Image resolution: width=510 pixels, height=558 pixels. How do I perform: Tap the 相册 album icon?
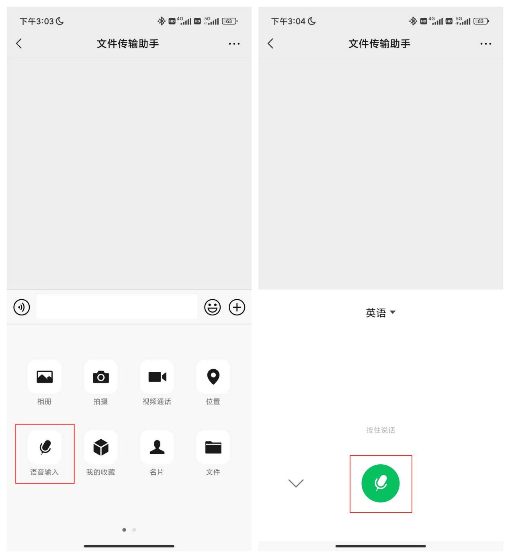coord(45,377)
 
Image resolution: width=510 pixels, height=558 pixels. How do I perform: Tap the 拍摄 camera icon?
coord(101,377)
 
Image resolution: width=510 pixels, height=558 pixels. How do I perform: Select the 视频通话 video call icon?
coord(157,377)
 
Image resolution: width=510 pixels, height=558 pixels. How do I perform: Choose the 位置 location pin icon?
coord(213,377)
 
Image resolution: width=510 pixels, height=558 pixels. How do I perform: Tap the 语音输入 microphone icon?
coord(45,447)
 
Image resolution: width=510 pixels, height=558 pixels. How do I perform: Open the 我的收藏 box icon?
coord(101,447)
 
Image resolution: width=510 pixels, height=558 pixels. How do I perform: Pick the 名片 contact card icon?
coord(157,447)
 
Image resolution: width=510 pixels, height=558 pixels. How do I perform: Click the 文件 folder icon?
coord(213,447)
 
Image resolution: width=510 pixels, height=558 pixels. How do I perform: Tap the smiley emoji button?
coord(213,308)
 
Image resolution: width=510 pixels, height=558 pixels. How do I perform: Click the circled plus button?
coord(237,308)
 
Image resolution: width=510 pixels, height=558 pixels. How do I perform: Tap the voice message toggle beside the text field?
coord(22,308)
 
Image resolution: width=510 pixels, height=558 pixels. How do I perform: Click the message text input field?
coord(117,307)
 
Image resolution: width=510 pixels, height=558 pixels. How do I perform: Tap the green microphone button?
coord(381,483)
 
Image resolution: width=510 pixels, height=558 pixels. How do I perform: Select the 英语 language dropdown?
coord(380,313)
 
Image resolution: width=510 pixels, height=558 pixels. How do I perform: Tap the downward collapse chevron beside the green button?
coord(296,483)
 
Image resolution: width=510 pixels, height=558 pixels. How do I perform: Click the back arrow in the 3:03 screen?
coord(19,43)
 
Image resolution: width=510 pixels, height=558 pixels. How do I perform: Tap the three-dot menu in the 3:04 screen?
coord(485,43)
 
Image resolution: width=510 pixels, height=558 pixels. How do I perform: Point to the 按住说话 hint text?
coord(381,430)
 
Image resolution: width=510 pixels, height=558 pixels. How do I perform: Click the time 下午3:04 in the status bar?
coord(289,21)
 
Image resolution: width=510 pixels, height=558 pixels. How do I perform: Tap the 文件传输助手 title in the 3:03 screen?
coord(128,43)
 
